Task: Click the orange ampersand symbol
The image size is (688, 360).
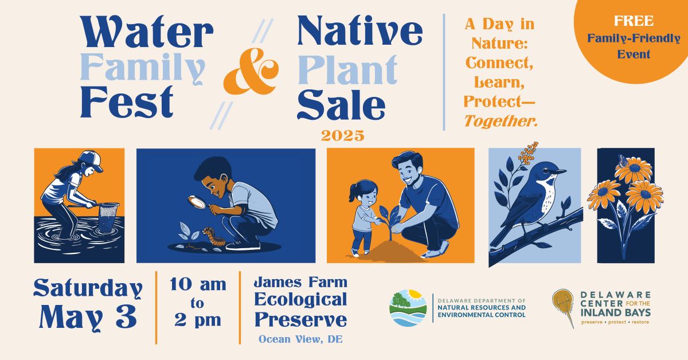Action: coord(251,71)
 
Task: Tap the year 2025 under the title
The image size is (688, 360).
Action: coord(343,136)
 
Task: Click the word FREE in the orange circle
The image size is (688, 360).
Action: coord(634,21)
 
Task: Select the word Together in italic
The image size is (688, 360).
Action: coord(501,121)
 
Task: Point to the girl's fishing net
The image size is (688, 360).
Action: coord(109,217)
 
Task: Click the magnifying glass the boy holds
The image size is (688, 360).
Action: coord(197,202)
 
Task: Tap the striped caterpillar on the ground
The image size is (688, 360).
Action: coord(214,236)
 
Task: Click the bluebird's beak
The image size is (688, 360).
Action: coord(561,172)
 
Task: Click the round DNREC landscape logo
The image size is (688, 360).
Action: coord(408,308)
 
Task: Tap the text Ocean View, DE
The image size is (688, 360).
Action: coord(300,339)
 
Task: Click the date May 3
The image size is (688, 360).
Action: coord(88,316)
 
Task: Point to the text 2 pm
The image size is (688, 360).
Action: coord(198,320)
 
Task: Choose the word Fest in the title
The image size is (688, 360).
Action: coord(127,102)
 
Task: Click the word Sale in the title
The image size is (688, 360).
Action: coord(341,104)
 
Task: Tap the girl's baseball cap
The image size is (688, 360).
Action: coord(91,160)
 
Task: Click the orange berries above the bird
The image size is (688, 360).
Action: coord(528,152)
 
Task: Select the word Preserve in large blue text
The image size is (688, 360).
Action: coord(300,319)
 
